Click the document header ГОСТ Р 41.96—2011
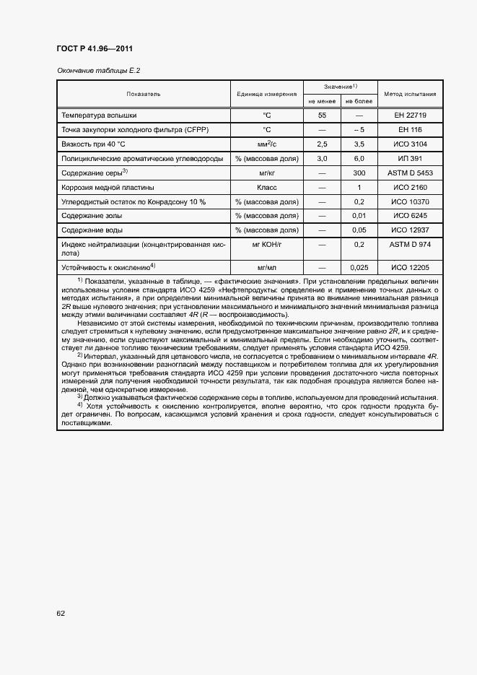click(x=94, y=49)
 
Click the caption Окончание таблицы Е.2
click(x=97, y=71)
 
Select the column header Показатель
click(x=144, y=94)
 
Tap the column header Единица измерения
click(x=266, y=94)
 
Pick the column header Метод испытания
click(x=409, y=94)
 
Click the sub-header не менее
click(x=322, y=102)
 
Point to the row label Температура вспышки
click(x=99, y=115)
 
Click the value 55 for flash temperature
click(x=322, y=115)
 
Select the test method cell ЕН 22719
click(x=409, y=115)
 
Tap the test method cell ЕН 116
click(x=409, y=129)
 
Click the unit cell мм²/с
click(x=266, y=144)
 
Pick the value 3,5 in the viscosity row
click(x=359, y=144)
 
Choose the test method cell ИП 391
click(x=409, y=158)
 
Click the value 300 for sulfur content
click(x=359, y=173)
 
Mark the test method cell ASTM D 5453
click(x=409, y=173)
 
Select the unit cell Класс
click(x=266, y=187)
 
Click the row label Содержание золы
click(x=92, y=216)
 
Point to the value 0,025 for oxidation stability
click(x=359, y=267)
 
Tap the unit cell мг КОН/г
click(x=266, y=245)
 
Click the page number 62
click(x=61, y=614)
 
